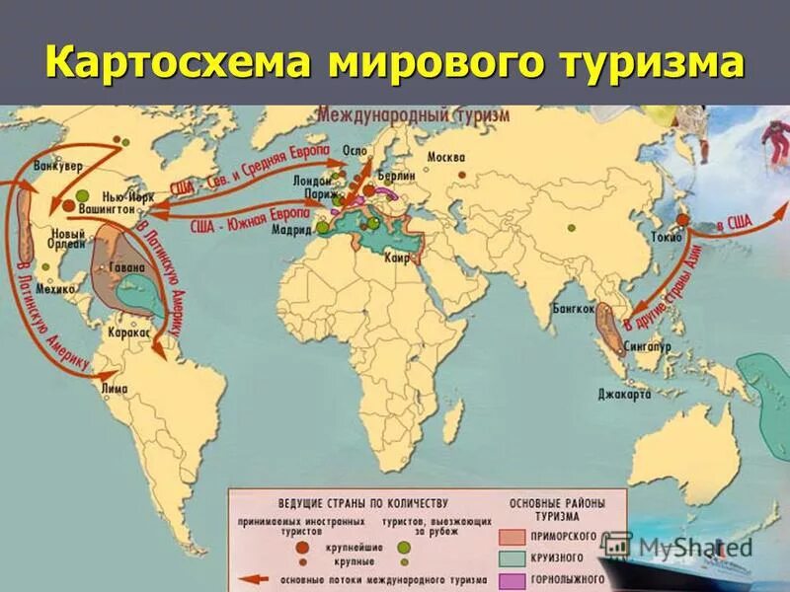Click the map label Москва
[445, 157]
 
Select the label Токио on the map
[662, 236]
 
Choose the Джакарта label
[625, 394]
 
